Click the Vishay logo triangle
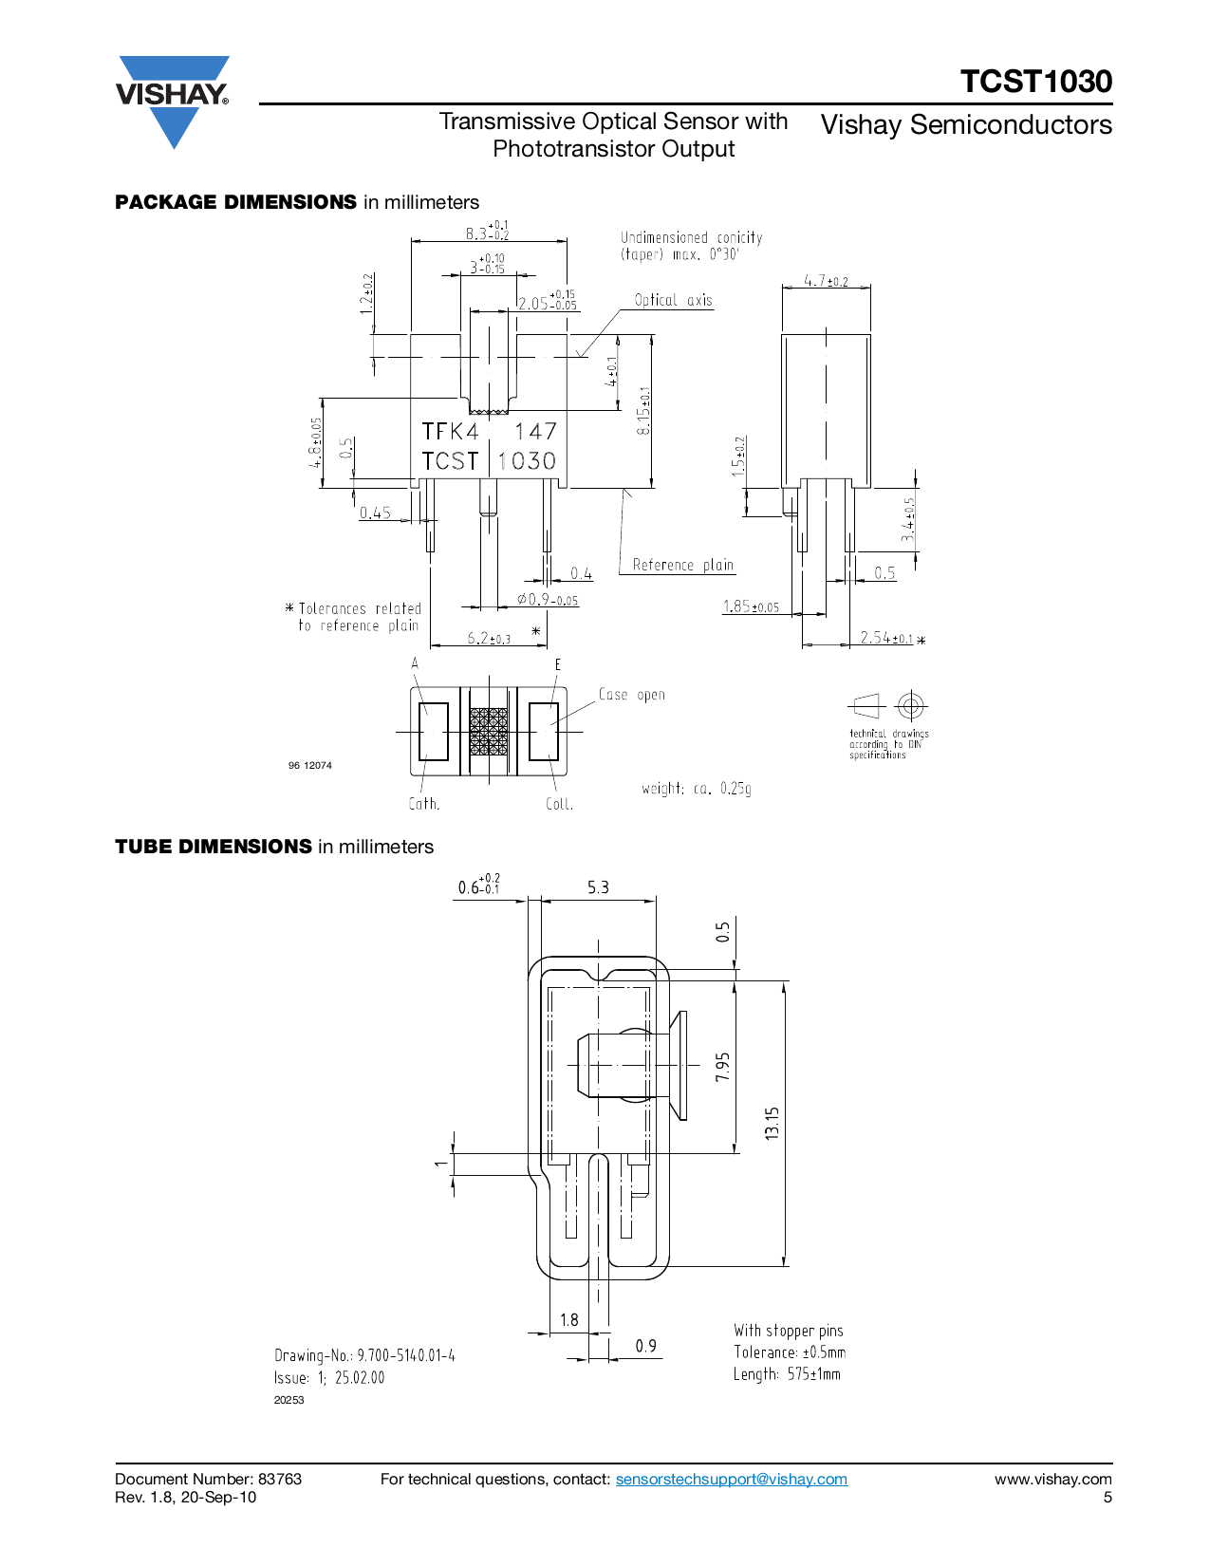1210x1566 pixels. [174, 102]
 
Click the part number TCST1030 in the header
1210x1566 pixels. [1035, 81]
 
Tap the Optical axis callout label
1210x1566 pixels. [673, 300]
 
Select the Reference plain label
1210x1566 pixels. [682, 565]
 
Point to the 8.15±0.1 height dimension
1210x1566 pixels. [643, 411]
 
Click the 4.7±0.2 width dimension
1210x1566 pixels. [826, 280]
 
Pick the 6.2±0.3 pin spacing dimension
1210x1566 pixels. [489, 638]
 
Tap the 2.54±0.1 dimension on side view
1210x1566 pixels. [885, 637]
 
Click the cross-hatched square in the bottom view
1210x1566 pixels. [489, 732]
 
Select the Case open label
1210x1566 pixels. [631, 694]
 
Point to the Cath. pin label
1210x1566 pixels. [424, 804]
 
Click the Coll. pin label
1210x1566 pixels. [559, 804]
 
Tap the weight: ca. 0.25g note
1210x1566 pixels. [697, 789]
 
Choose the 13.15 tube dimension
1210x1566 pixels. [772, 1123]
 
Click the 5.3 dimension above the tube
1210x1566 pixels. [598, 887]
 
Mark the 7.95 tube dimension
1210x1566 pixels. [723, 1067]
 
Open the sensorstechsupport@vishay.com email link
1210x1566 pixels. [732, 1479]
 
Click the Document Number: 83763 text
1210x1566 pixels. [208, 1479]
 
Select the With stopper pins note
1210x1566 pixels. [789, 1331]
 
